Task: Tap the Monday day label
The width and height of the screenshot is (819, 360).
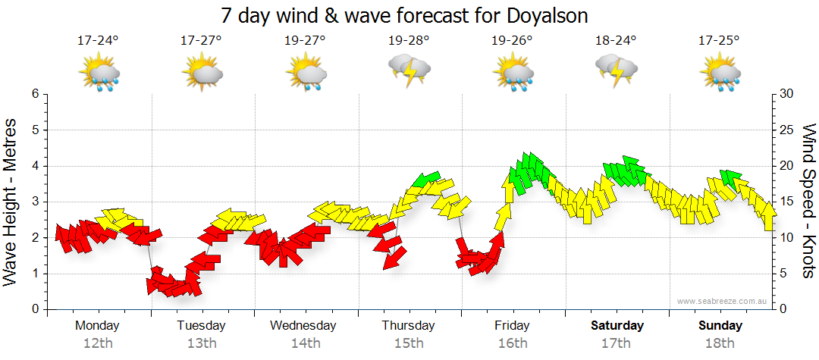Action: point(97,326)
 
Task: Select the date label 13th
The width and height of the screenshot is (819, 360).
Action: point(201,343)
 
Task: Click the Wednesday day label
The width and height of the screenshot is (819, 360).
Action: point(303,326)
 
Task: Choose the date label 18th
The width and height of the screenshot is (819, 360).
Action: point(720,343)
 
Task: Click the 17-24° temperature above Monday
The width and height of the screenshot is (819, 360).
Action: point(98,41)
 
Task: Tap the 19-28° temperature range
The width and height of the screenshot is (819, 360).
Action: point(408,41)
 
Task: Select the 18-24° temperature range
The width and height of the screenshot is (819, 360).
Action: point(616,41)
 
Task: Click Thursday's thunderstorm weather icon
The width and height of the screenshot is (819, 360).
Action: point(409,73)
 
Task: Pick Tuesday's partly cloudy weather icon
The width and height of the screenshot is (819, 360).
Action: point(202,74)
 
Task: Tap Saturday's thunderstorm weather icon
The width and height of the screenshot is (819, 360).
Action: point(617,73)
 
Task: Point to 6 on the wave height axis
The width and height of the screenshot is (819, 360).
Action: point(35,94)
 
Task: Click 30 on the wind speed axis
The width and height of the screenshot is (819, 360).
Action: point(786,94)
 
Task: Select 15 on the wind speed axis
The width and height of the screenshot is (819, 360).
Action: point(786,202)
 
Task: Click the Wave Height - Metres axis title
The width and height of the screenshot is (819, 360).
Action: point(11,202)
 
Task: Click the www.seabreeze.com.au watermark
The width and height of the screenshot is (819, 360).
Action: point(723,301)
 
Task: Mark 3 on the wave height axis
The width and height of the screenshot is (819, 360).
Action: point(35,202)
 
